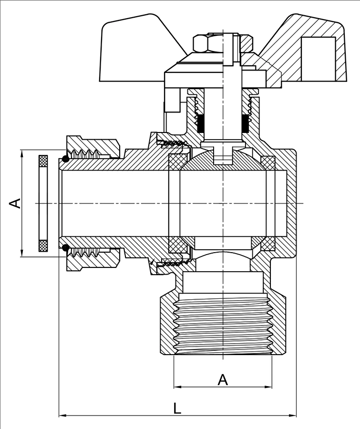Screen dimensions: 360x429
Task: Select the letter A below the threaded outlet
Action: pyautogui.click(x=223, y=380)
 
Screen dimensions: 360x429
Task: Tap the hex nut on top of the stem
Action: pyautogui.click(x=208, y=43)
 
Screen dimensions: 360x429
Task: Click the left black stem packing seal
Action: pyautogui.click(x=201, y=123)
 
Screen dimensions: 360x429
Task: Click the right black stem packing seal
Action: pyautogui.click(x=245, y=123)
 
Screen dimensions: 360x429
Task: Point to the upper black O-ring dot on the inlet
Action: pyautogui.click(x=65, y=158)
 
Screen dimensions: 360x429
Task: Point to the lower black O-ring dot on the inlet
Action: pyautogui.click(x=65, y=247)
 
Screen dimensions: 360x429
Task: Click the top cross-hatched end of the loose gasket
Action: pyautogui.click(x=43, y=161)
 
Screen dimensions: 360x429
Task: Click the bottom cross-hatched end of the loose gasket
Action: pyautogui.click(x=43, y=245)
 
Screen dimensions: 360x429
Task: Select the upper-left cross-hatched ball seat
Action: pyautogui.click(x=178, y=162)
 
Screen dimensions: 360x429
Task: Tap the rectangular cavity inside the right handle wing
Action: pyautogui.click(x=318, y=59)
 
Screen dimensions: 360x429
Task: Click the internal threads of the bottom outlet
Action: pyautogui.click(x=223, y=324)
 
